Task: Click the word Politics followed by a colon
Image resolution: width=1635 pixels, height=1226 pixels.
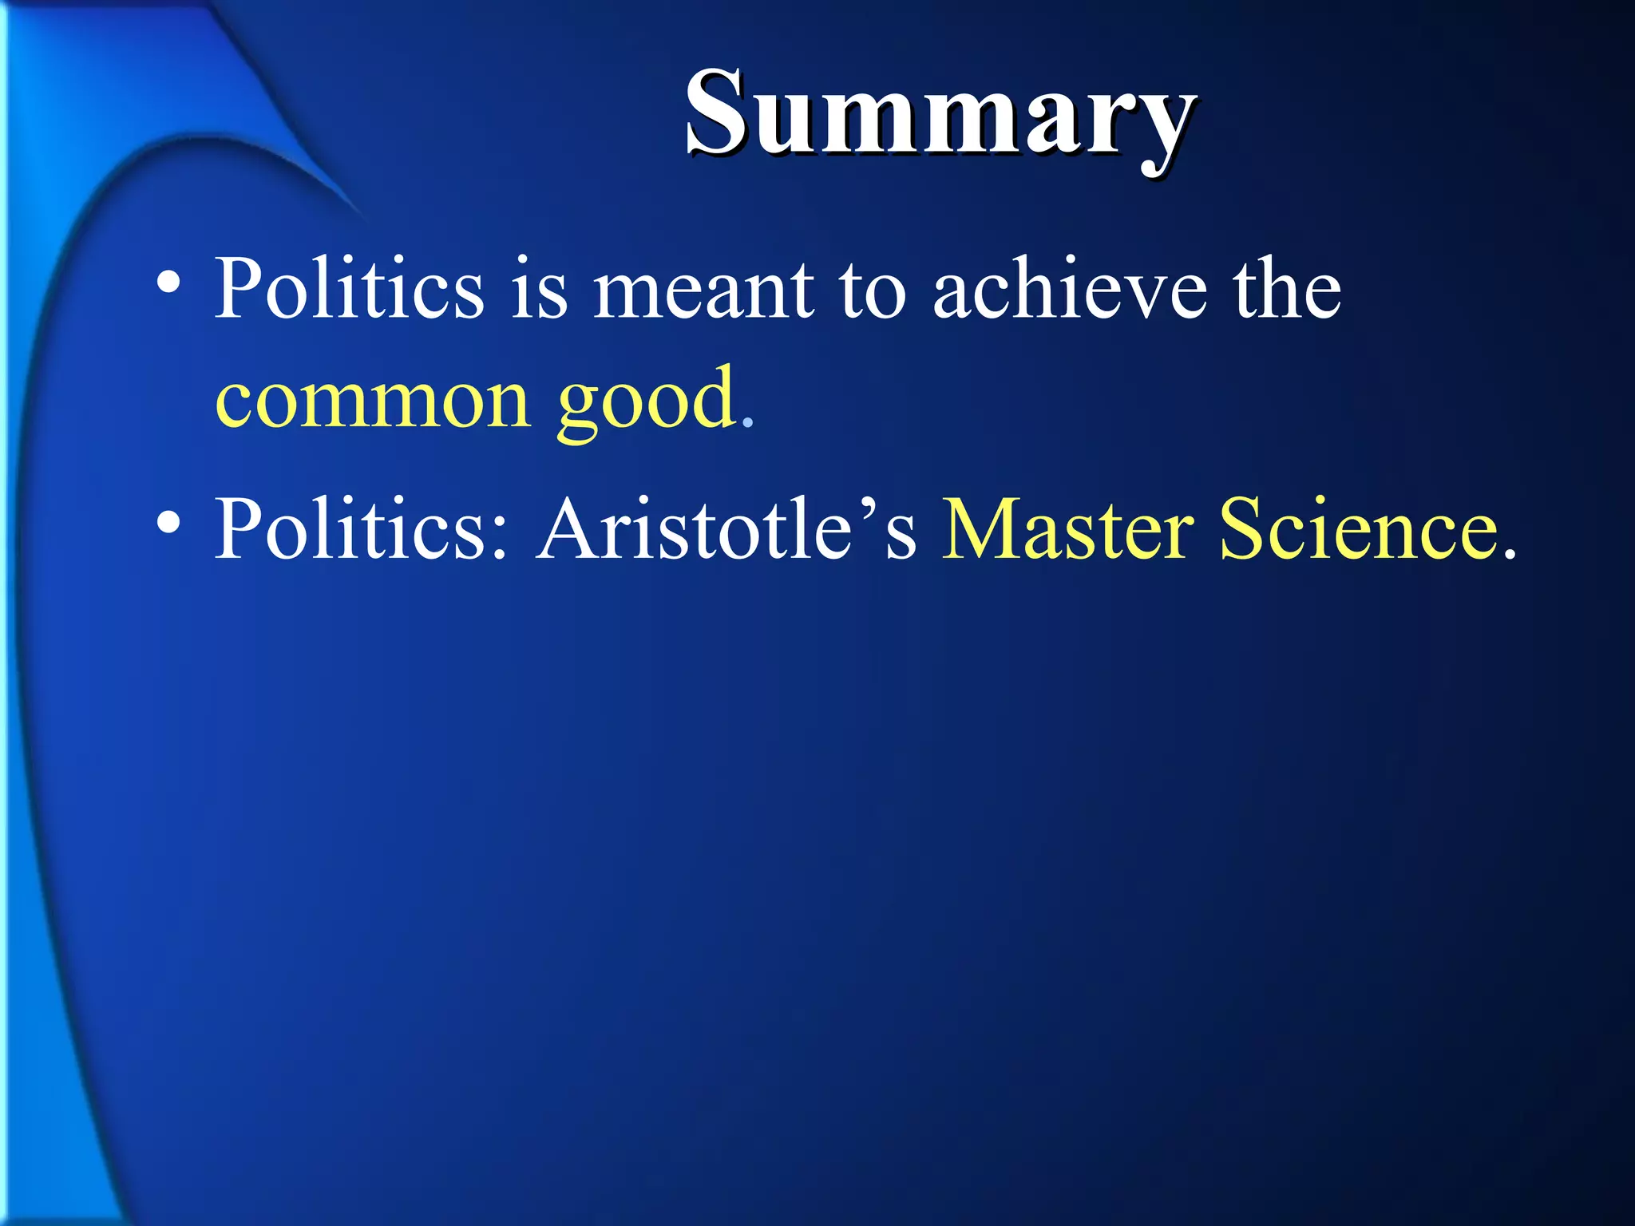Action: [351, 528]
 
